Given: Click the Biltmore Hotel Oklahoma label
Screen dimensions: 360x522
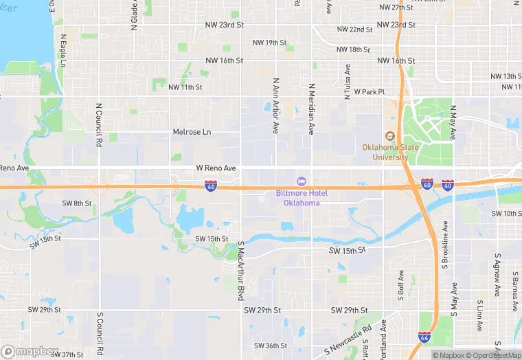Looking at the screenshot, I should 302,198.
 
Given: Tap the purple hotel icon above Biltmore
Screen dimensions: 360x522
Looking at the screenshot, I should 301,181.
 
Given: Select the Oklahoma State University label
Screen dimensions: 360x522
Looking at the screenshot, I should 390,152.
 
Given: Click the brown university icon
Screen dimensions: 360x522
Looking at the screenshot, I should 390,135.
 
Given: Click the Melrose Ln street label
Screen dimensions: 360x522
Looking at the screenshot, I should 192,132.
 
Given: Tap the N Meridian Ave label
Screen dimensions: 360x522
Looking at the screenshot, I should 311,109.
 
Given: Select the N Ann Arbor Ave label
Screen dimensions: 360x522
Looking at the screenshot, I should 275,105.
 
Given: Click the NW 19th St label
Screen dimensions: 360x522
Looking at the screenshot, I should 269,43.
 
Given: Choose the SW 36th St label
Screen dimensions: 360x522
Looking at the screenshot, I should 270,346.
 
